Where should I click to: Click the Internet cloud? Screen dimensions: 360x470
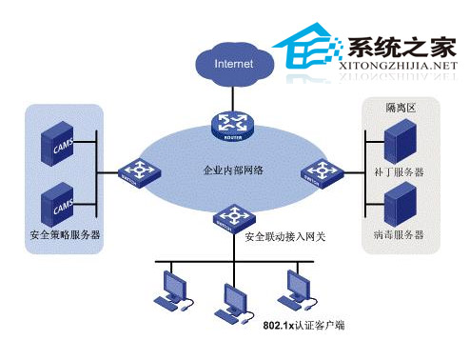tap(234, 65)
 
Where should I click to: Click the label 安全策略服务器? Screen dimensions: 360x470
tap(67, 234)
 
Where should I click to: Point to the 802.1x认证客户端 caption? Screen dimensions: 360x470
tap(304, 327)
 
